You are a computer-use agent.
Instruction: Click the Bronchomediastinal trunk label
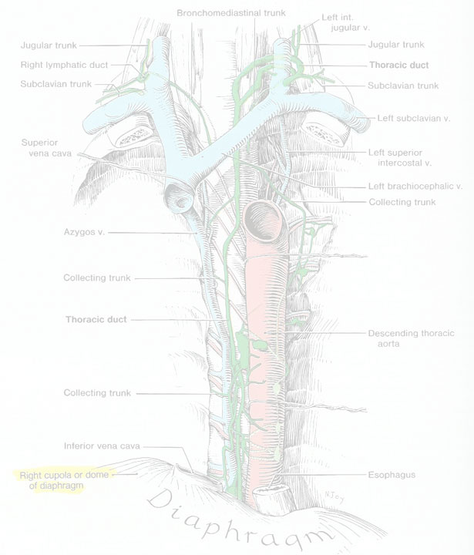coord(230,13)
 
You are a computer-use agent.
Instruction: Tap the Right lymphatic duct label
coord(64,65)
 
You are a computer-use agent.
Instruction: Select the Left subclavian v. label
coord(413,118)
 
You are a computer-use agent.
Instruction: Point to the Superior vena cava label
coord(46,148)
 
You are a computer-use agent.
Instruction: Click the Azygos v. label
coord(84,232)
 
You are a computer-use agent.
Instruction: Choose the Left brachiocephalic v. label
coord(415,187)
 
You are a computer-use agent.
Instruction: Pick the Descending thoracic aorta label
coord(411,338)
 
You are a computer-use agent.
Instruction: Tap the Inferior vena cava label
coord(102,446)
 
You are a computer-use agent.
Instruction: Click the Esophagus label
coord(392,475)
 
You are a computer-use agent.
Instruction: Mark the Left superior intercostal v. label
coord(400,157)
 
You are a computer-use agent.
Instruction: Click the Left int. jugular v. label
coord(345,22)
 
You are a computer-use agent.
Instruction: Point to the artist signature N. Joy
coord(334,496)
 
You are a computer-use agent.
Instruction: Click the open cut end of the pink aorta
coord(262,220)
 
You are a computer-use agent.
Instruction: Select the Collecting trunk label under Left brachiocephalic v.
coord(402,202)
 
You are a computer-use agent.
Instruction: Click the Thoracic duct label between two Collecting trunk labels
coord(96,319)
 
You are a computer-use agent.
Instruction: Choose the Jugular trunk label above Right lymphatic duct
coord(49,45)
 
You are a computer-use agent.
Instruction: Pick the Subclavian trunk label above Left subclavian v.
coord(403,86)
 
